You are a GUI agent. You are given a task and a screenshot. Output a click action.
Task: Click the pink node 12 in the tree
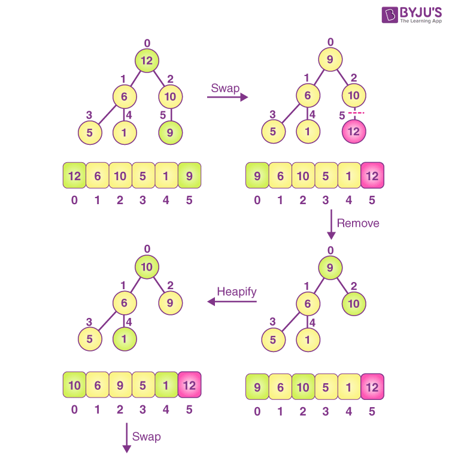coord(354,132)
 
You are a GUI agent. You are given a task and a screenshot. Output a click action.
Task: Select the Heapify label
coord(236,292)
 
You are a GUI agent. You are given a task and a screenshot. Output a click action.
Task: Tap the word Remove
coord(358,223)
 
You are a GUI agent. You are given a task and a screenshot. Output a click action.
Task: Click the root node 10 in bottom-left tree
coord(147,267)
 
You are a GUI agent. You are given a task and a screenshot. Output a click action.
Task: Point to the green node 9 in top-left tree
coord(171,132)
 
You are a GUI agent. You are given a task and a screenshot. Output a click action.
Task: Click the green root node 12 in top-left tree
coord(147,60)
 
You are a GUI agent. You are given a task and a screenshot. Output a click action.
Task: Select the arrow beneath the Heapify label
coord(232,302)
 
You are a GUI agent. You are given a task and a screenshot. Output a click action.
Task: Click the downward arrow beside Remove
coord(330,225)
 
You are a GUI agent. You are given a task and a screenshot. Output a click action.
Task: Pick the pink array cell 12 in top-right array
coord(372,176)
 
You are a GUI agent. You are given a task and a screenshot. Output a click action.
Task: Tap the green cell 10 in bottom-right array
coord(304,387)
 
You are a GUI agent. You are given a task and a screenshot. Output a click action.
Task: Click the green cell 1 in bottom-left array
coord(166,385)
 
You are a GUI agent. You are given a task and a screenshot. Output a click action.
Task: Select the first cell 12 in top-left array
coord(74,176)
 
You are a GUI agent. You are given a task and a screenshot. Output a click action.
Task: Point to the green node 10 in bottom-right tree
coord(354,304)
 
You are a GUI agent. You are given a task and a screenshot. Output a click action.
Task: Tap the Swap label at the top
coord(225,88)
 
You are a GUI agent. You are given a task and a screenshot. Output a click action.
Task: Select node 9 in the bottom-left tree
coord(171,303)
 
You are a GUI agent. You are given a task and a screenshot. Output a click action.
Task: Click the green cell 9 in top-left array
coord(189,176)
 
